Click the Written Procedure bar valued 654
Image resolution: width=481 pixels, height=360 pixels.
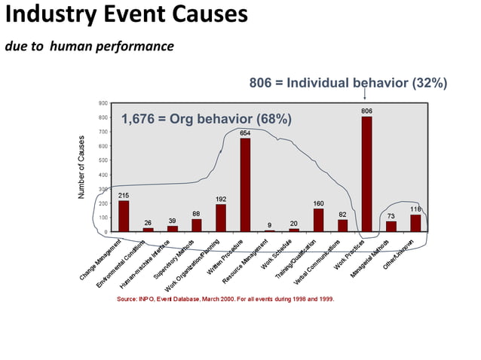[x=245, y=185]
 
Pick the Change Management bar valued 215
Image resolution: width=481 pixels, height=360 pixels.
[x=124, y=215]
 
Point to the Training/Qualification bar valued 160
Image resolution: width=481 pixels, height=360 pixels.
[x=318, y=220]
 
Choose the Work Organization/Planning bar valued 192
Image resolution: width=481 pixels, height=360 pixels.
[x=221, y=218]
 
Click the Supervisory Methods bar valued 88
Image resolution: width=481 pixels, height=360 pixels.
[x=196, y=225]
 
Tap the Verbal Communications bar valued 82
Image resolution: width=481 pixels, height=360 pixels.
[x=342, y=225]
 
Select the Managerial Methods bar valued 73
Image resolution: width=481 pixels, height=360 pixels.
[x=391, y=226]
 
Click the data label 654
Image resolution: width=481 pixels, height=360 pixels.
[x=245, y=133]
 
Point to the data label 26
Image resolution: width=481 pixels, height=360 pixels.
[x=148, y=223]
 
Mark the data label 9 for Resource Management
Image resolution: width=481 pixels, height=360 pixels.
[x=269, y=225]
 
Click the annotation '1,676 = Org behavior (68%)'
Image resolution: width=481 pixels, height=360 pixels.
[x=207, y=119]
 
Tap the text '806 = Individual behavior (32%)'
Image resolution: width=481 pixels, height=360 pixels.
[x=348, y=82]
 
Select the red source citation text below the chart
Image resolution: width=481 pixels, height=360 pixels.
[x=225, y=299]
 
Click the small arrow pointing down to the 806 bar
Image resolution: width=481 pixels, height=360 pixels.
[x=366, y=94]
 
